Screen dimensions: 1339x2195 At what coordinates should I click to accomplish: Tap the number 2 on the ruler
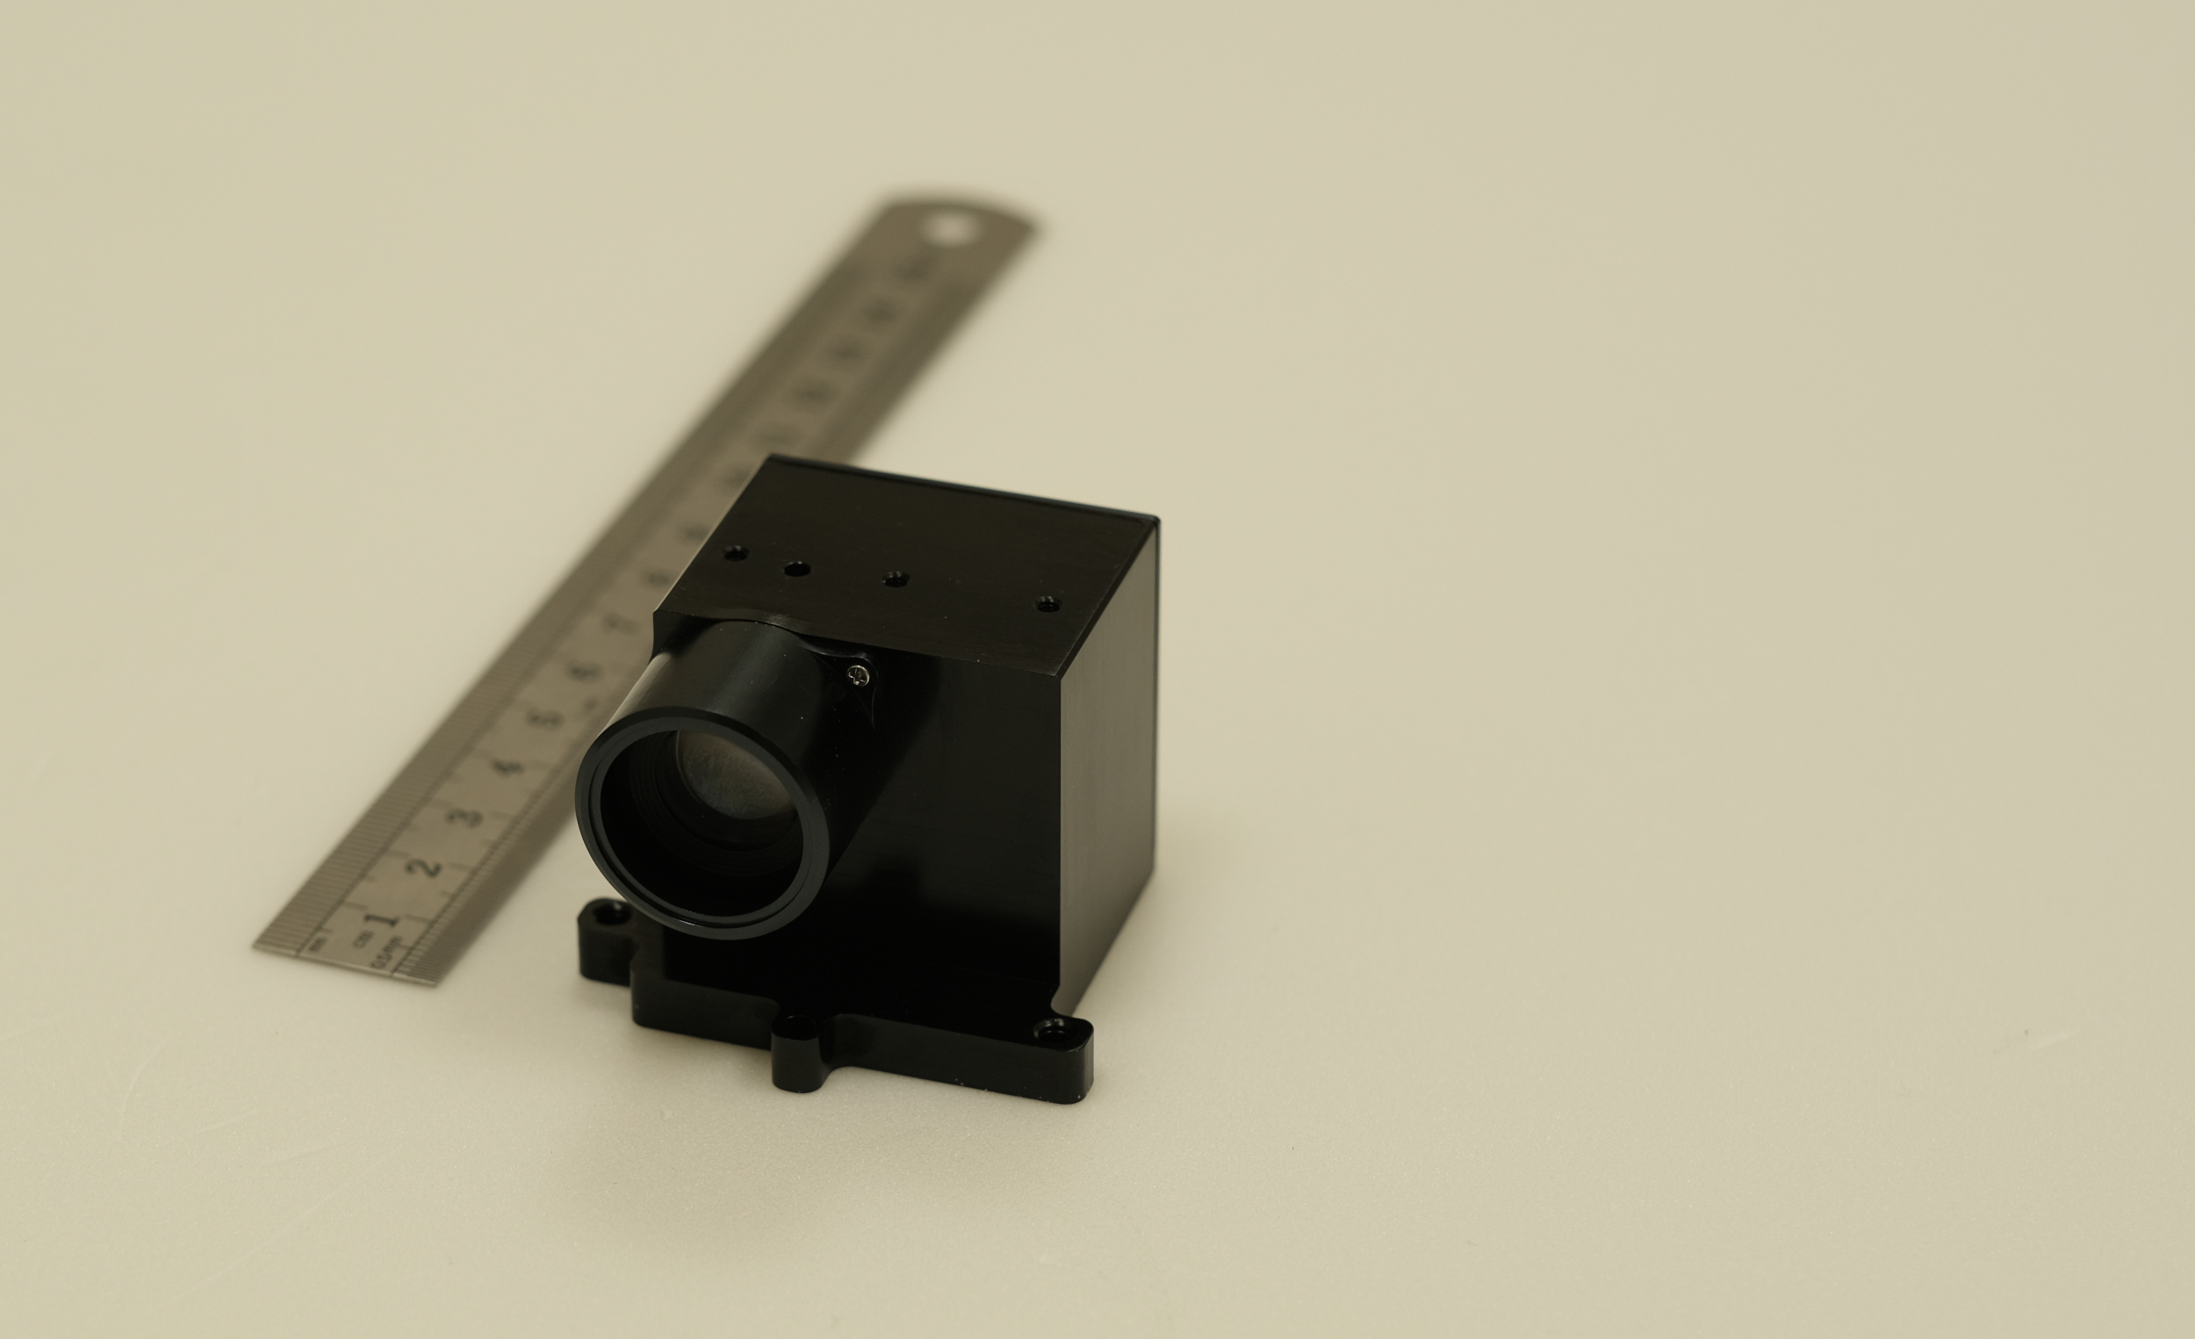(x=428, y=866)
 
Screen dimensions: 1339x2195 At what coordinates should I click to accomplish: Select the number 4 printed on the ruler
(x=507, y=767)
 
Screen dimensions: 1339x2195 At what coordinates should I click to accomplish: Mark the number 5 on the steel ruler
(x=547, y=718)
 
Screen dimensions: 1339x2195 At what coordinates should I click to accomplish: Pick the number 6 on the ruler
(x=585, y=671)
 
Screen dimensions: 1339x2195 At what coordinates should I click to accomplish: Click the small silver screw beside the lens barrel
(x=858, y=676)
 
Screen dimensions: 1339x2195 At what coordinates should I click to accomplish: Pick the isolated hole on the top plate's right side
(x=1047, y=604)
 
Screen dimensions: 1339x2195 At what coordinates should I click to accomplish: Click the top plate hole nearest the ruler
(x=735, y=553)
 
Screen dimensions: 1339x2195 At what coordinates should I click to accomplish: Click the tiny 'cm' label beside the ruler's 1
(x=361, y=937)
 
